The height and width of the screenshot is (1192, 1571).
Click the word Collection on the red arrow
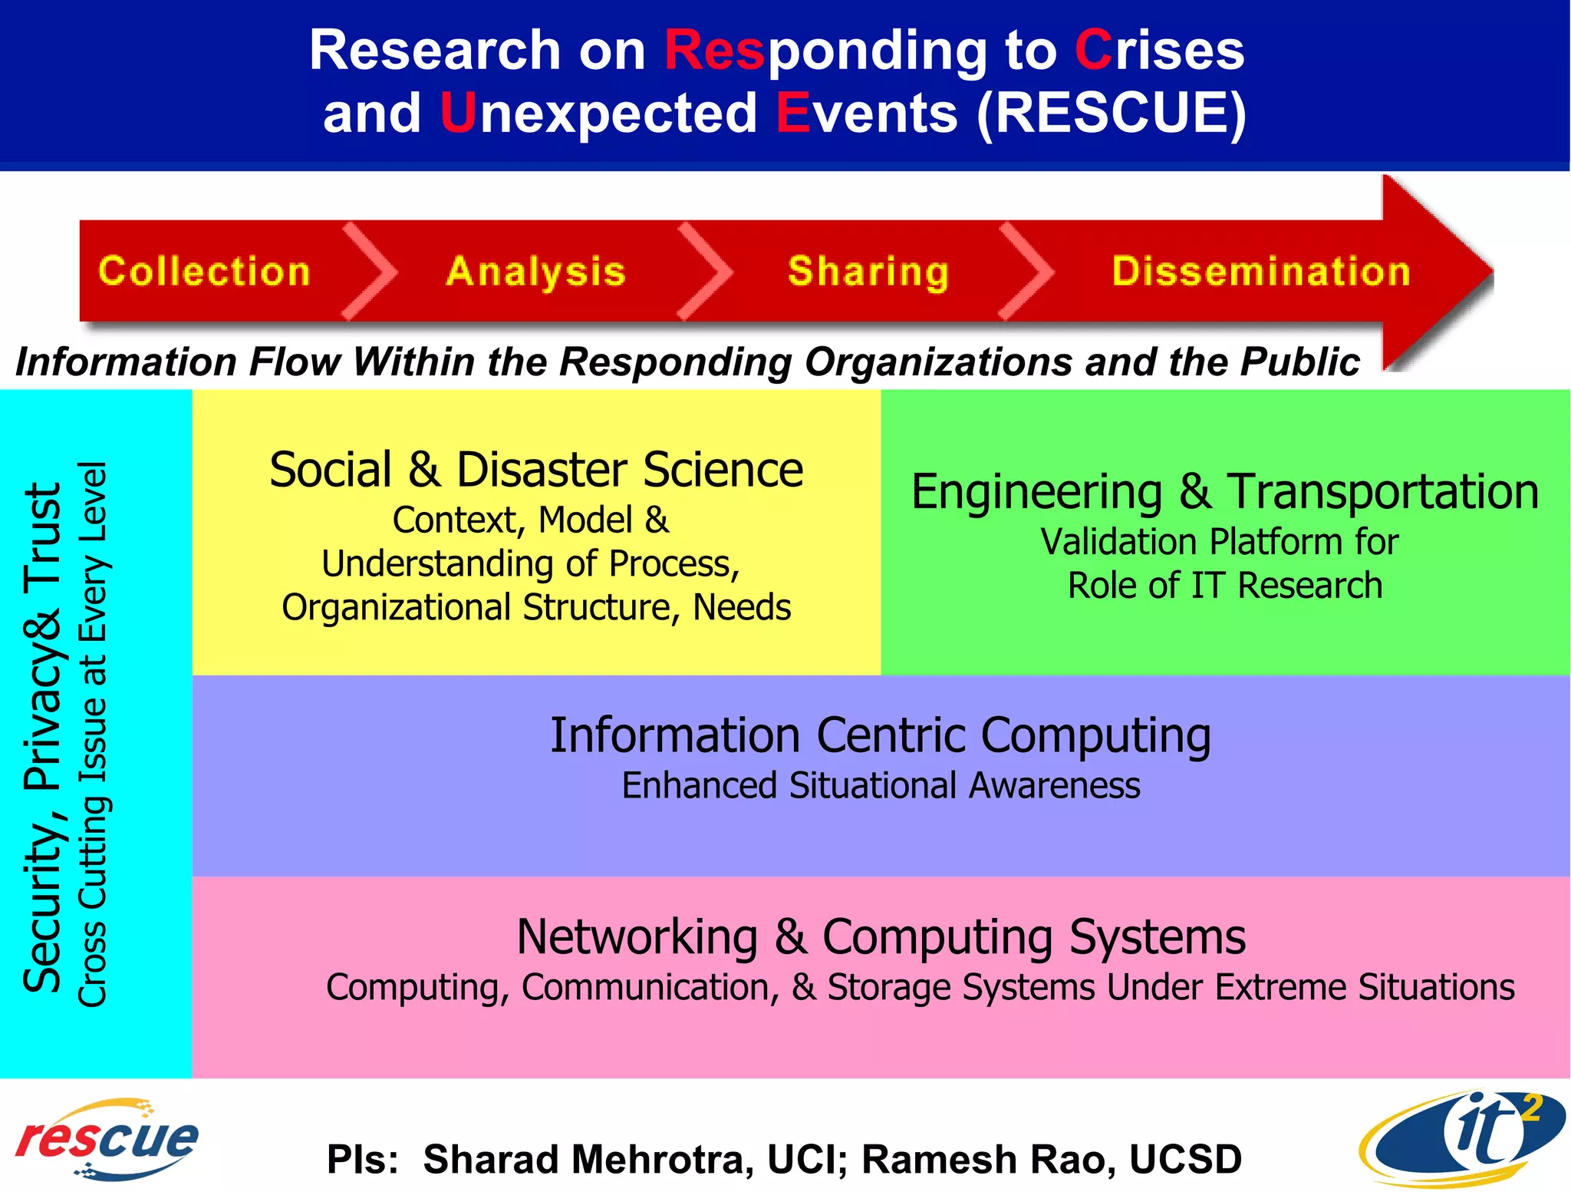(204, 272)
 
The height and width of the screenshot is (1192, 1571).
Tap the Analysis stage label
(535, 272)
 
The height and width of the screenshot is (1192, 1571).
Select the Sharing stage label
(868, 272)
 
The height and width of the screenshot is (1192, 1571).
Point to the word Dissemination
(1261, 272)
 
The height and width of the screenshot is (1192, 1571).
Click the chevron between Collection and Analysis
(371, 271)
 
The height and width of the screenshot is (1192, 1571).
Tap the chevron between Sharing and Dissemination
(1026, 271)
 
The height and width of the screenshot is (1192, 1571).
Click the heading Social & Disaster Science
(536, 470)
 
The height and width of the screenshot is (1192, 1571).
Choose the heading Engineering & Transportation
(1224, 491)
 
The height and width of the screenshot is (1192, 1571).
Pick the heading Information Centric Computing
(881, 735)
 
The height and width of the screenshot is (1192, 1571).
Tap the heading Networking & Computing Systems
(881, 937)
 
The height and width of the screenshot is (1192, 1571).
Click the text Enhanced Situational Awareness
(881, 786)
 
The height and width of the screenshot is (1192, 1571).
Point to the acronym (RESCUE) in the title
(1112, 113)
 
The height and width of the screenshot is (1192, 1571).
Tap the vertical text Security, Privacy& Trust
(42, 737)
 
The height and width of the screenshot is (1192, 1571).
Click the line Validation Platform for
(1220, 542)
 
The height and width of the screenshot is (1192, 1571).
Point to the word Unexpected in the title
(598, 113)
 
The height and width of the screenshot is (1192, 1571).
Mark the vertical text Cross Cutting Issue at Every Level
(93, 734)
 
